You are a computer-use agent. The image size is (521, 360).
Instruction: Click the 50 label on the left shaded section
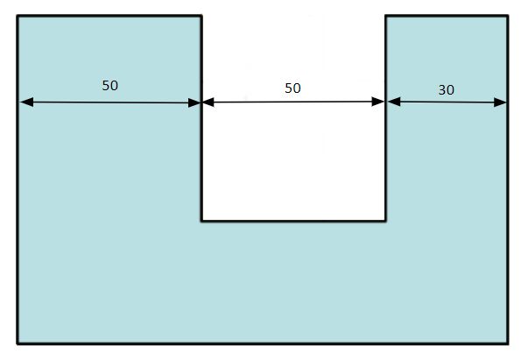pyautogui.click(x=110, y=86)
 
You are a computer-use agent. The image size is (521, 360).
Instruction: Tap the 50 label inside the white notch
pyautogui.click(x=292, y=88)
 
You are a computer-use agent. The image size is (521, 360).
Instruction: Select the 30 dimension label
pyautogui.click(x=447, y=89)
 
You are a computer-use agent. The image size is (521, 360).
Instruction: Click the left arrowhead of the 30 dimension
pyautogui.click(x=394, y=102)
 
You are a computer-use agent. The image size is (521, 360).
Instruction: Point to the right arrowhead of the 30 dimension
pyautogui.click(x=500, y=102)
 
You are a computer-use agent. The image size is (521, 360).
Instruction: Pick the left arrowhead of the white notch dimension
pyautogui.click(x=208, y=102)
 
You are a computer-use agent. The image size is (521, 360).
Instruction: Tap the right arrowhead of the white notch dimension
pyautogui.click(x=377, y=102)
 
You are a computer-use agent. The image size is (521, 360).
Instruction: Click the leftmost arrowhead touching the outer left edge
pyautogui.click(x=26, y=102)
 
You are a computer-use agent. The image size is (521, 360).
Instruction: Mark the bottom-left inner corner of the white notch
pyautogui.click(x=201, y=220)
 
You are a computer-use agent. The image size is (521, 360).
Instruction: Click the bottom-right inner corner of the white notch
pyautogui.click(x=385, y=220)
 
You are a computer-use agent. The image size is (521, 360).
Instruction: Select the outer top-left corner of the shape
pyautogui.click(x=18, y=16)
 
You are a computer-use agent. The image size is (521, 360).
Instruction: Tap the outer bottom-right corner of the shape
pyautogui.click(x=508, y=343)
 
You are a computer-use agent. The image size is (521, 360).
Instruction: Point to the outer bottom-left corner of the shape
pyautogui.click(x=18, y=343)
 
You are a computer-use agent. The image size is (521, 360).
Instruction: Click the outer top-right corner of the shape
pyautogui.click(x=508, y=16)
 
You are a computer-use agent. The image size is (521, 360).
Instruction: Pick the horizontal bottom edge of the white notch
pyautogui.click(x=293, y=220)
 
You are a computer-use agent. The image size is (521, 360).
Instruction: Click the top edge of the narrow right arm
pyautogui.click(x=447, y=16)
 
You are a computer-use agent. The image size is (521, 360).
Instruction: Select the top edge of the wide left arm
pyautogui.click(x=109, y=16)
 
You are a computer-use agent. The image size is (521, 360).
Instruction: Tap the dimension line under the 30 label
pyautogui.click(x=447, y=102)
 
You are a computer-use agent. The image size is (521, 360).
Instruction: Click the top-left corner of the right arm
pyautogui.click(x=385, y=16)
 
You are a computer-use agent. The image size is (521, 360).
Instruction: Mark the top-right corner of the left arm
pyautogui.click(x=201, y=16)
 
